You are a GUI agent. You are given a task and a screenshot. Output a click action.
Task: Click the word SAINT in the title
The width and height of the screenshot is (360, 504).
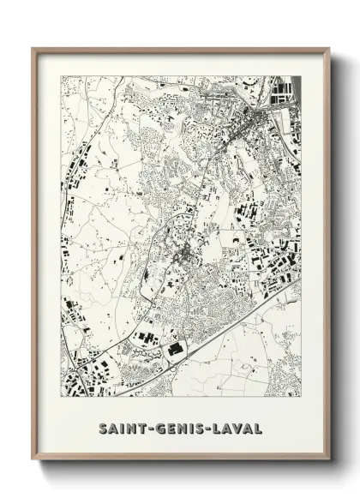pos(118,427)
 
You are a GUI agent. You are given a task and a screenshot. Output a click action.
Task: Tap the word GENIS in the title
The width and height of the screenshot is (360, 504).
pos(180,427)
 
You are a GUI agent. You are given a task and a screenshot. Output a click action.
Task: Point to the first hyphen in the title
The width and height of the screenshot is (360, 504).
pos(147,427)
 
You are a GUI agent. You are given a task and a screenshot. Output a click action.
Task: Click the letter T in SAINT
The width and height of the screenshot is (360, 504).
pos(138,427)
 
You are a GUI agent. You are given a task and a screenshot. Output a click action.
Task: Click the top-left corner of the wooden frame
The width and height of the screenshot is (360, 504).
pos(33,48)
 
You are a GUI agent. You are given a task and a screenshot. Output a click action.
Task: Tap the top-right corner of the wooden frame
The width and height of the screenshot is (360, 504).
pos(330,48)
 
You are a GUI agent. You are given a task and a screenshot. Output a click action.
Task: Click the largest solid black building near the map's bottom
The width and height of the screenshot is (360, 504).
pos(176,350)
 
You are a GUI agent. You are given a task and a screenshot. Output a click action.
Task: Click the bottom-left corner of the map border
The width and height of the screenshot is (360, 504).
pos(61,396)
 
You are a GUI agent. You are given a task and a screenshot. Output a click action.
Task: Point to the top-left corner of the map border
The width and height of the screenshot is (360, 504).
pos(61,76)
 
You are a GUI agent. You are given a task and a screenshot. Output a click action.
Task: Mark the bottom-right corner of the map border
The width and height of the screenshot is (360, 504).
pos(301,396)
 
